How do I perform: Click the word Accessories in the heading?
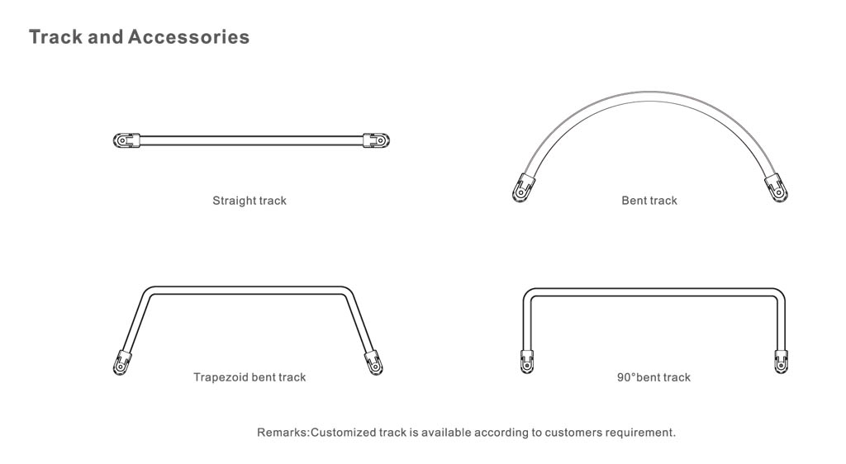(189, 37)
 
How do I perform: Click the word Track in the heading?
(56, 37)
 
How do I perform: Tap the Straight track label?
(250, 201)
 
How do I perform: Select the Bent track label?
(649, 201)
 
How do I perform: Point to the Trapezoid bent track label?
(250, 377)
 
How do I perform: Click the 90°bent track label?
(654, 377)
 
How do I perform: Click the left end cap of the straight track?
(126, 140)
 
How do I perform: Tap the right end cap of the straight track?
(376, 140)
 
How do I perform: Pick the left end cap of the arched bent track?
(523, 187)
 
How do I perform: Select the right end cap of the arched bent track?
(776, 187)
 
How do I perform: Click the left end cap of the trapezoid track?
(122, 362)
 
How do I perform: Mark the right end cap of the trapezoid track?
(373, 362)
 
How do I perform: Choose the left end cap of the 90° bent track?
(527, 361)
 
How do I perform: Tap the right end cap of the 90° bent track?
(781, 361)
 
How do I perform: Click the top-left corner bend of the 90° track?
(529, 294)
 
